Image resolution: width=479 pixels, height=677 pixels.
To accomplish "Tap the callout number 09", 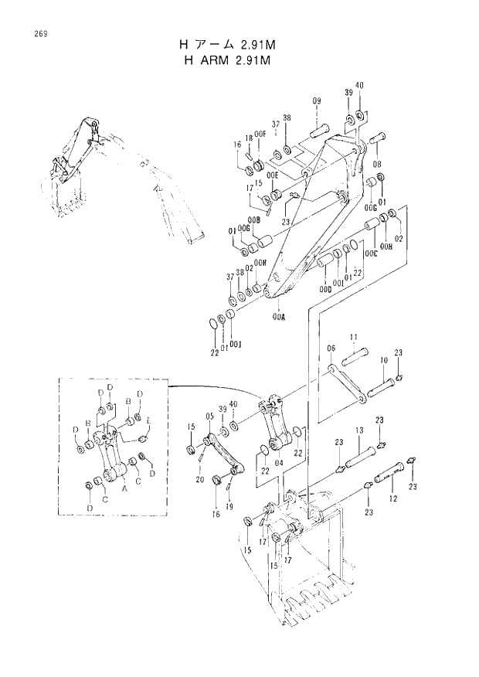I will (x=316, y=103).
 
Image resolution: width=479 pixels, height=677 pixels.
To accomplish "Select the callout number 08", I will (x=377, y=165).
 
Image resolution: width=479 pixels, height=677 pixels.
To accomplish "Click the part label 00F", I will (x=260, y=134).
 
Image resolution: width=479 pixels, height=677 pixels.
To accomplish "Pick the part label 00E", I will (x=272, y=175).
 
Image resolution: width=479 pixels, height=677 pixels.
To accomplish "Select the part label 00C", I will (x=371, y=251).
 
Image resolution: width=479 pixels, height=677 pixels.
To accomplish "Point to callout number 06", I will (x=330, y=348).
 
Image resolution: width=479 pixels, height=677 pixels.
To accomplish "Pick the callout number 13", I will (x=358, y=430).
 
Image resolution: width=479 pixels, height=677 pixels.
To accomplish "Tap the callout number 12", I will (x=395, y=500).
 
